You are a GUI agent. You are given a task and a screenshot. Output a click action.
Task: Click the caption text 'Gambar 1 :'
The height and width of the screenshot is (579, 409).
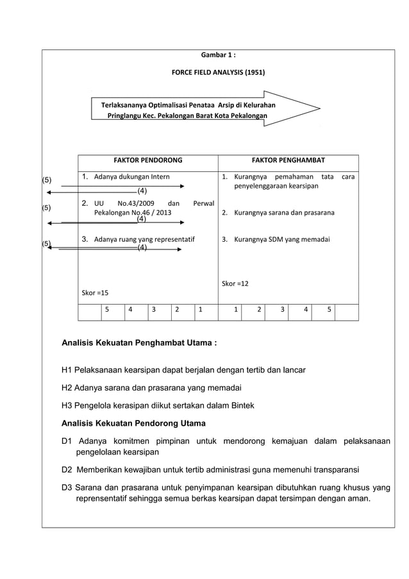[218, 55]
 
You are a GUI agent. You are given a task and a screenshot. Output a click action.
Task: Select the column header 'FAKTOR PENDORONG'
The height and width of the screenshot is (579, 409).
[147, 160]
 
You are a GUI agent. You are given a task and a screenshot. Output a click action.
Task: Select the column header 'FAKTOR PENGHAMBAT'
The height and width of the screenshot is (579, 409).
[288, 160]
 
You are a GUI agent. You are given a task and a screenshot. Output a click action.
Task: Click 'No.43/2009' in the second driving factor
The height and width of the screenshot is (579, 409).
[136, 203]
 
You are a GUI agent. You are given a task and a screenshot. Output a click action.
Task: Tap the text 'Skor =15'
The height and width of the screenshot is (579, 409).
[95, 292]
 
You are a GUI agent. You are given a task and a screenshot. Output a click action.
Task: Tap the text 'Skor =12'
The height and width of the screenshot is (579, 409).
[235, 283]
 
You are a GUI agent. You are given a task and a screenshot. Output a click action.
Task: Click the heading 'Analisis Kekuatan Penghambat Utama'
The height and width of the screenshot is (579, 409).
[138, 343]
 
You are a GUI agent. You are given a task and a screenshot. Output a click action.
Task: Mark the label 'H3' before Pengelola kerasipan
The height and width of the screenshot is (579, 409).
[67, 405]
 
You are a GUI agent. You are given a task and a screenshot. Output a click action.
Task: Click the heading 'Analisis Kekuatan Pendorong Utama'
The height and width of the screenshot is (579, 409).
[133, 423]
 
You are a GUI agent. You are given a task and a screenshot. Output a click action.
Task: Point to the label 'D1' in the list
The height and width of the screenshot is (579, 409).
[67, 441]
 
